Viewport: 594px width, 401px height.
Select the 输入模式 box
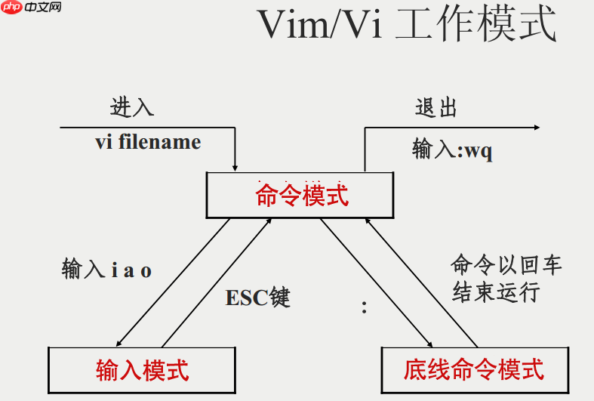coord(142,369)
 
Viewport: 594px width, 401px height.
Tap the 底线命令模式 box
coord(473,369)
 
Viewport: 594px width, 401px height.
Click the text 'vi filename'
coord(148,142)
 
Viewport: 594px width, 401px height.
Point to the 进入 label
coord(132,107)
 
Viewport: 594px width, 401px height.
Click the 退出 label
coord(436,107)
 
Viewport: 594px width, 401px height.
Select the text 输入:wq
coord(452,150)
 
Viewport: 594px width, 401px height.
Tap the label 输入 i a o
coord(106,270)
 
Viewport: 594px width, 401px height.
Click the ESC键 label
coord(257,298)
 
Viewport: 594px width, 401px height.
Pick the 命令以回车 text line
coord(506,266)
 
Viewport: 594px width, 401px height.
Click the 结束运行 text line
coord(496,291)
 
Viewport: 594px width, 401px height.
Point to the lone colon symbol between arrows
coord(364,307)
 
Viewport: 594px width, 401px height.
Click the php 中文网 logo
coord(32,8)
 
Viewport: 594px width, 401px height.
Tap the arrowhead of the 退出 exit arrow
coord(535,128)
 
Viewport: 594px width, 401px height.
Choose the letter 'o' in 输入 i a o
coord(146,271)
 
